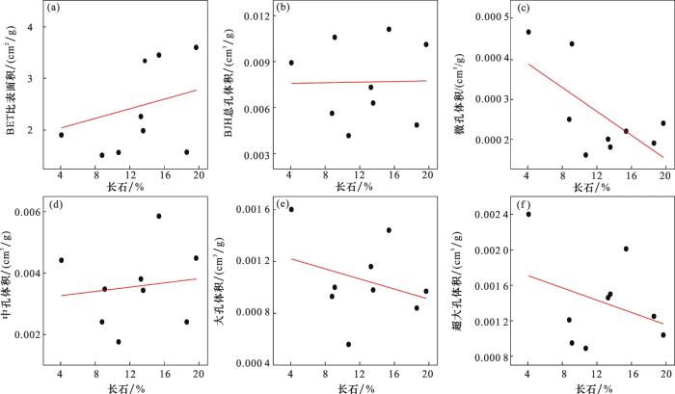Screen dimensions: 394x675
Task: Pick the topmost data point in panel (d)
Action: [x=159, y=216]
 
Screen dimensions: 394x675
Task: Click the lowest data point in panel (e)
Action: [x=348, y=344]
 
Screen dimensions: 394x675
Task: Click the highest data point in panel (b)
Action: [x=389, y=29]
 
